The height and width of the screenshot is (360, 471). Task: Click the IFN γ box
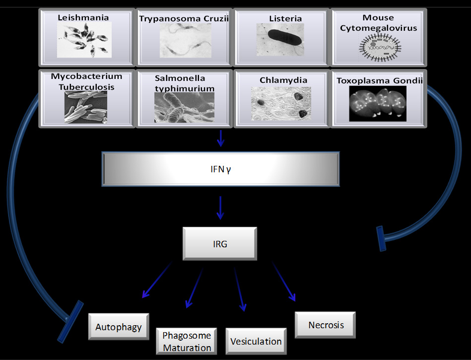(x=220, y=169)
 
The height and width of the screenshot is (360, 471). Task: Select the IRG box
(x=220, y=244)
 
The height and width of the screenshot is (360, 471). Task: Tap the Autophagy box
(x=119, y=327)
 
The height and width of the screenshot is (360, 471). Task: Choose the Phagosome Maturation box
(x=187, y=341)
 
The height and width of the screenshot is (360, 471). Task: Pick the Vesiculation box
(x=256, y=341)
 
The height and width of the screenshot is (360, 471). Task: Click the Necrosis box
(x=326, y=325)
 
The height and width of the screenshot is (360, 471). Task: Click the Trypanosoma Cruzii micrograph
(x=184, y=40)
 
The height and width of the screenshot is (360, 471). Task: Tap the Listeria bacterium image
(x=281, y=39)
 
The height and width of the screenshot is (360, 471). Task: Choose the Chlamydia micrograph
(x=281, y=103)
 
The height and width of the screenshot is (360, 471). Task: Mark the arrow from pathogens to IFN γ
(x=220, y=139)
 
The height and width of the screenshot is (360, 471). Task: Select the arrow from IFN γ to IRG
(x=220, y=208)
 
